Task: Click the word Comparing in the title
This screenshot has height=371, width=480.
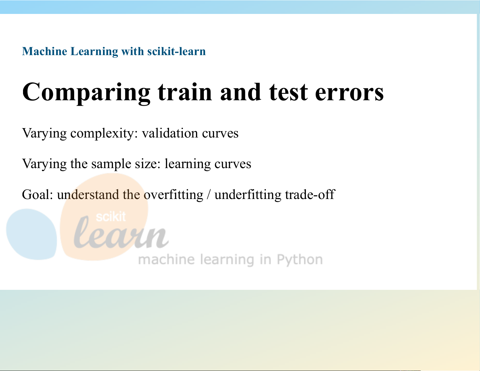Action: [86, 93]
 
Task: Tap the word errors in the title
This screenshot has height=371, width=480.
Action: [349, 93]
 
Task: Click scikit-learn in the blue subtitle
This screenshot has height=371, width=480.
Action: [177, 51]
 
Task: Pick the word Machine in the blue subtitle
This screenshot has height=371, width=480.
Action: [45, 51]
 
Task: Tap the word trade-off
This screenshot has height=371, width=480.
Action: [310, 194]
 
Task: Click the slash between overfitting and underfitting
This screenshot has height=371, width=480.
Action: [209, 195]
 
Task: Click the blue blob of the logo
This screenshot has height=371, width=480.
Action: [31, 234]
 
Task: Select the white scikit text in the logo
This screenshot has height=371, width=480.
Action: [111, 217]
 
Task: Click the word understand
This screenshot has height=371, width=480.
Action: [88, 194]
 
